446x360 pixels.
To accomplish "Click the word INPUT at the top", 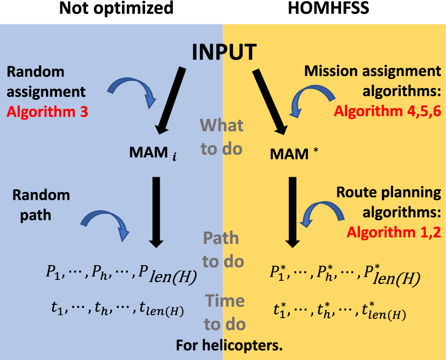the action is click(224, 52).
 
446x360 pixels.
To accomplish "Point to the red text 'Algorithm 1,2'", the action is click(394, 232).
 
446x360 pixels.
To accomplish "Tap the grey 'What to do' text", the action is click(221, 137).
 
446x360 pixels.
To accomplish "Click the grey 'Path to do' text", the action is click(222, 250).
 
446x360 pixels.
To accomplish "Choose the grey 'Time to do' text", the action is click(224, 313).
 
